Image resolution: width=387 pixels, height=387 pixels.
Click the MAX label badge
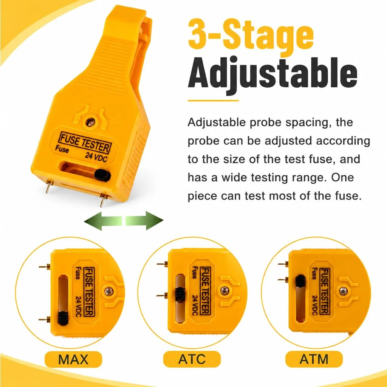(x=73, y=359)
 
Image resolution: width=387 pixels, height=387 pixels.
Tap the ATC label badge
(x=192, y=359)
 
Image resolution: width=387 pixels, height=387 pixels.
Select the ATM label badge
(x=314, y=359)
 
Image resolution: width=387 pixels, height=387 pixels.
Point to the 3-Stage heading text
(x=251, y=34)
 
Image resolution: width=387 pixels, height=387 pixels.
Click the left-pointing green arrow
(x=103, y=221)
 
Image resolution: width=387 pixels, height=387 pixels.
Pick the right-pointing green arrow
(x=144, y=221)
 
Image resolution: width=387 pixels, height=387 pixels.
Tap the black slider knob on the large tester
(x=102, y=175)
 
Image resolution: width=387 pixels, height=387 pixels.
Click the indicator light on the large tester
(x=91, y=122)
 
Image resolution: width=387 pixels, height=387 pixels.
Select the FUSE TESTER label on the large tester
(x=85, y=142)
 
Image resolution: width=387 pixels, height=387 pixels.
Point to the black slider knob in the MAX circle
(x=63, y=318)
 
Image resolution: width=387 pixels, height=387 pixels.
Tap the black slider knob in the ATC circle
(x=180, y=294)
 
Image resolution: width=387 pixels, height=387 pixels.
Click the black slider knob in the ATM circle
(x=300, y=281)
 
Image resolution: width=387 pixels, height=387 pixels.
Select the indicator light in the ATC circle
(x=224, y=291)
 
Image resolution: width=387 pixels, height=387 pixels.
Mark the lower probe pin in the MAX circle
(x=45, y=320)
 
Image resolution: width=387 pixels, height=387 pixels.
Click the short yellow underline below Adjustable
(x=213, y=101)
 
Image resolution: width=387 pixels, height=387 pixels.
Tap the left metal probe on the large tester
(x=49, y=186)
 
